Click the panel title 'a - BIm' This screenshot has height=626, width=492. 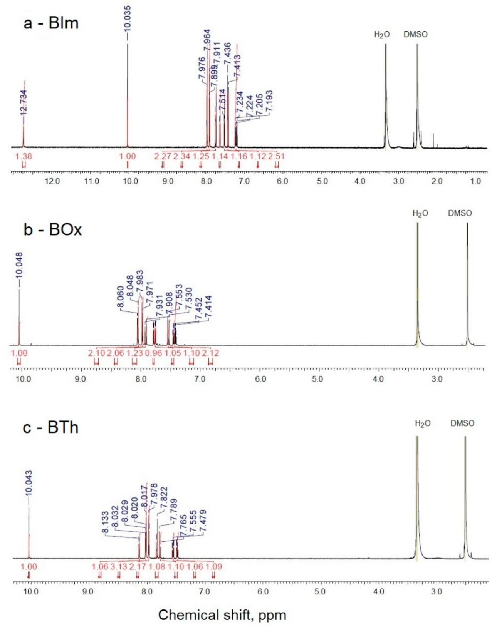51,23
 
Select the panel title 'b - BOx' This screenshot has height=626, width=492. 52,230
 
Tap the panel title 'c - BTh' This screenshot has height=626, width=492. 50,427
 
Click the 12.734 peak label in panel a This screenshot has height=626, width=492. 24,102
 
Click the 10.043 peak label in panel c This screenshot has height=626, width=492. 29,483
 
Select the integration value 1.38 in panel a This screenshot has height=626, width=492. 24,156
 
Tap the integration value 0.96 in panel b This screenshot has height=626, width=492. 153,353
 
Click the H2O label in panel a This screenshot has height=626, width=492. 382,35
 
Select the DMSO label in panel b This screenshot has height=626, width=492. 460,213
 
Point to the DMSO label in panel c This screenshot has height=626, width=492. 462,423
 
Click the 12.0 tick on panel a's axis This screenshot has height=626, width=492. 52,181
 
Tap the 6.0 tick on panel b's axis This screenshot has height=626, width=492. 260,379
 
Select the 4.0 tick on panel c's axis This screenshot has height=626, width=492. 379,591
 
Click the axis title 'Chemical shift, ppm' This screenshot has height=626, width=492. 222,615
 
